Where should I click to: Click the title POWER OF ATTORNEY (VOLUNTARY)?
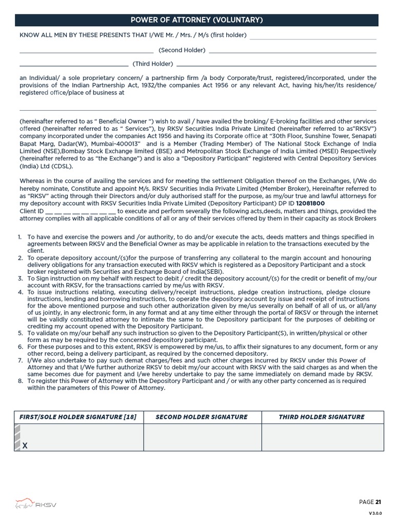coord(197,20)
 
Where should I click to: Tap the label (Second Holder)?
coord(182,50)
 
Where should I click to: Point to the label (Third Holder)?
coord(153,64)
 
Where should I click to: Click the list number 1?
coord(19,237)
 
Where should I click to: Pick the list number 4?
coord(20,292)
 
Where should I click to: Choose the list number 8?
coord(20,381)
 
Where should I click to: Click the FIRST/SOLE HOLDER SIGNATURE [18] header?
coord(78,417)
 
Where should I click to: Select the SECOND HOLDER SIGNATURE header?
coord(202,417)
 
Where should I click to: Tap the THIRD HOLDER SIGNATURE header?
coord(322,417)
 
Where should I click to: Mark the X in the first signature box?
coord(25,446)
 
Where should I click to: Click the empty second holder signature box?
coord(202,437)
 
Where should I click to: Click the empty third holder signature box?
coord(322,437)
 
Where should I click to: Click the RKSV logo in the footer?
coord(36,504)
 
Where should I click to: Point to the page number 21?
coord(379,502)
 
